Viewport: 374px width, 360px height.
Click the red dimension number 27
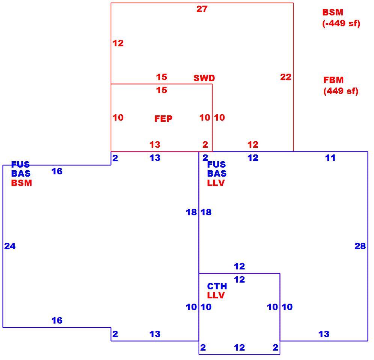(202, 9)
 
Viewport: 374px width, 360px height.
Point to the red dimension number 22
(285, 77)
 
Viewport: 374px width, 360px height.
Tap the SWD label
(204, 78)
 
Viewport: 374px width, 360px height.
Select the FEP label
(163, 118)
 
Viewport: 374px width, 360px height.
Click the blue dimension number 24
(10, 246)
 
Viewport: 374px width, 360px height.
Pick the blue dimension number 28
(360, 246)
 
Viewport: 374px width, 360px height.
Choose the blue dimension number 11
(330, 157)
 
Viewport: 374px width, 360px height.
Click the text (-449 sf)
(341, 23)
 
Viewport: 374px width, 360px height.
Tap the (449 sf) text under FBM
(341, 91)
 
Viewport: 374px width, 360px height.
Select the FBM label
(333, 80)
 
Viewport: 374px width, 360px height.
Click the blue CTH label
(217, 286)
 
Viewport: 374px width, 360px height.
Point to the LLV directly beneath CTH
(216, 295)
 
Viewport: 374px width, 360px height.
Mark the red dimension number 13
(155, 144)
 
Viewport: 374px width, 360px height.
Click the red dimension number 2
(205, 144)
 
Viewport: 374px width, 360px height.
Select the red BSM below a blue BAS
(21, 183)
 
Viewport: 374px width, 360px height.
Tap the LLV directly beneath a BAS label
(216, 183)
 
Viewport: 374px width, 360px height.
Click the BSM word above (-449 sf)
(333, 12)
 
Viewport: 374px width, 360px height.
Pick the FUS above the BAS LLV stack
(216, 164)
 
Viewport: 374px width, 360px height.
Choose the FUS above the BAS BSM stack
(21, 164)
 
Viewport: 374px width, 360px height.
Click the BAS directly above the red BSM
(21, 173)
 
